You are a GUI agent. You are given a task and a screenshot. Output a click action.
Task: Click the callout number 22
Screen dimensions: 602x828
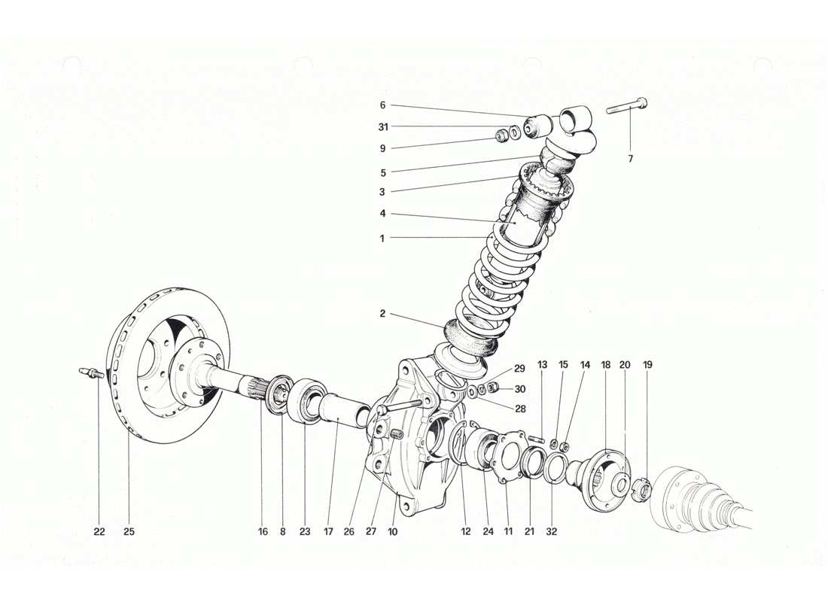pos(99,531)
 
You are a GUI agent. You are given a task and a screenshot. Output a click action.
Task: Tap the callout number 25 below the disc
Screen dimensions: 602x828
pos(129,531)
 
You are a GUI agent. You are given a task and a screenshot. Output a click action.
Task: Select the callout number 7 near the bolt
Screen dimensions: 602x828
pos(631,159)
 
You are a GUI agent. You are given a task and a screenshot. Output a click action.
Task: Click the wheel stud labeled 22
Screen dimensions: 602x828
pos(90,372)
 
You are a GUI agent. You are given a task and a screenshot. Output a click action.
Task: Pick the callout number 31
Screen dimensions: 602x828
pos(382,126)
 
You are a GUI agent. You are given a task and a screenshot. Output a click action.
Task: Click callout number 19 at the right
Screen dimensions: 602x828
pos(648,364)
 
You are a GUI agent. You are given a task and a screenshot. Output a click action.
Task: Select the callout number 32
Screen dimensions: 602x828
pos(551,531)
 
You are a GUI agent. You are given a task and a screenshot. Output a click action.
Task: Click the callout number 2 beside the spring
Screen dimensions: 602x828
pos(382,313)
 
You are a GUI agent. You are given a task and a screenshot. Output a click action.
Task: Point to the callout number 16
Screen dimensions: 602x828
pos(263,531)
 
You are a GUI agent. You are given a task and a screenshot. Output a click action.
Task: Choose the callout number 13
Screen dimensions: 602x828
pos(543,364)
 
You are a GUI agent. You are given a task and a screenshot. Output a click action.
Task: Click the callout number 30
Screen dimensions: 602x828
pos(519,389)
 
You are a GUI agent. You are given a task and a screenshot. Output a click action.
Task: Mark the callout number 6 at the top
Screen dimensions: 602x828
pos(382,105)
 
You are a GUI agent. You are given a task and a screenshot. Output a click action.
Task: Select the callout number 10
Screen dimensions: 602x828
pos(393,531)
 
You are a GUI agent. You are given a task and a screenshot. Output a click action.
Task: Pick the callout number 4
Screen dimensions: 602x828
pos(382,214)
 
